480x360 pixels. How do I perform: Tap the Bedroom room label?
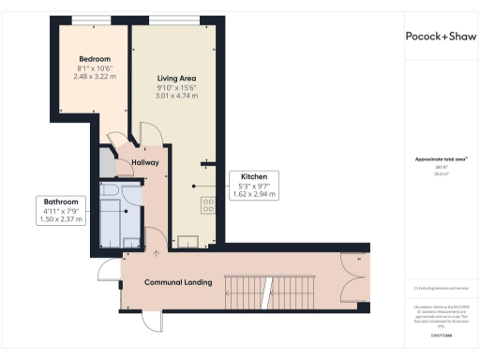(95, 59)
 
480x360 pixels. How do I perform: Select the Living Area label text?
(175, 78)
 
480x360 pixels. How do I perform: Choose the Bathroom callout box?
(62, 210)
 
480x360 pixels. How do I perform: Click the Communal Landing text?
(177, 282)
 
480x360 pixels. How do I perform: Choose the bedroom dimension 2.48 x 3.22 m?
(95, 77)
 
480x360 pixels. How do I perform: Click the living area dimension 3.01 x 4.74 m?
(175, 96)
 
